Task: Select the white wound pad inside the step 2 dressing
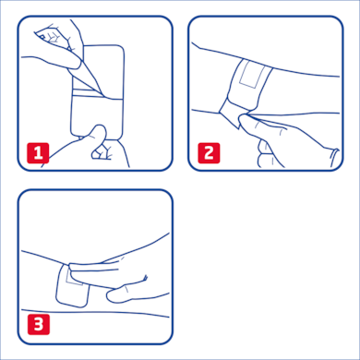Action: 251,78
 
